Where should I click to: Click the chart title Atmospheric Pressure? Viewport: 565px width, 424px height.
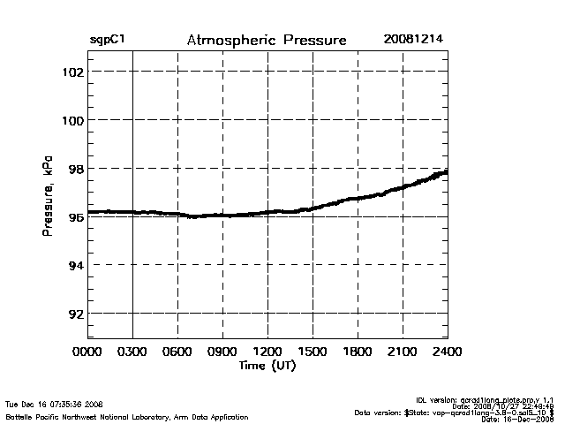click(267, 41)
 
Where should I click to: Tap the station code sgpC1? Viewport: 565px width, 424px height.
click(107, 41)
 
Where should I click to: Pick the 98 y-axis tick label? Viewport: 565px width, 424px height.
click(74, 169)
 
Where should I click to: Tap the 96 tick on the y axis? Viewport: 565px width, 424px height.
click(74, 216)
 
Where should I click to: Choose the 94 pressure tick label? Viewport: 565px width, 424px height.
click(74, 265)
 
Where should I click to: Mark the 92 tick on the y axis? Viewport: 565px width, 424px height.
click(74, 314)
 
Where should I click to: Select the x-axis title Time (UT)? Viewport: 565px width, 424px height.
click(267, 366)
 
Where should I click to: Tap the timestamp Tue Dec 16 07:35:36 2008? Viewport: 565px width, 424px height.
click(55, 404)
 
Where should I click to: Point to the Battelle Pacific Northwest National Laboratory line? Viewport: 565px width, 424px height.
click(127, 416)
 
